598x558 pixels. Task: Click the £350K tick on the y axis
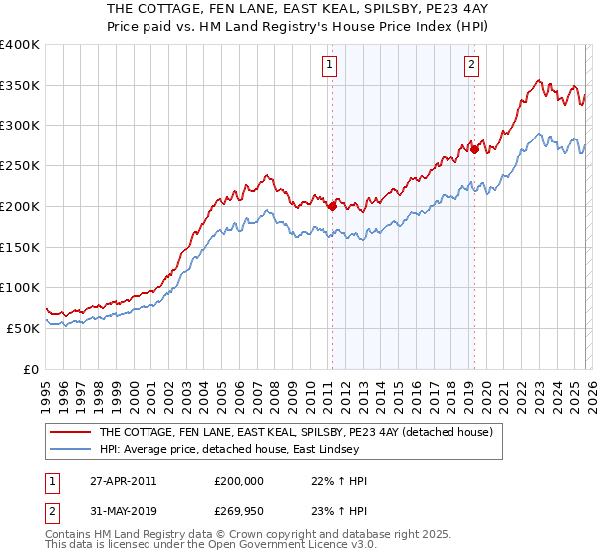coord(20,86)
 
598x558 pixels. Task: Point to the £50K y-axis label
coord(22,328)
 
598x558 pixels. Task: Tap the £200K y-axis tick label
coord(20,206)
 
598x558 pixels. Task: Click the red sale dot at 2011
coord(332,206)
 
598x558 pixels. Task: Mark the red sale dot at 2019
coord(474,149)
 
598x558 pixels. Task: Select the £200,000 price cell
coord(239,481)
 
